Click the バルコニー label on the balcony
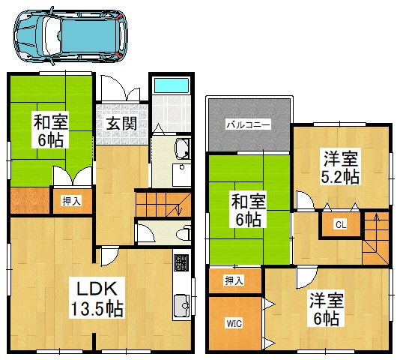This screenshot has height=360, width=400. [249, 124]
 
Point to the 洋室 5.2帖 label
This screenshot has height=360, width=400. [341, 167]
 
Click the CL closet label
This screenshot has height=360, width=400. [340, 224]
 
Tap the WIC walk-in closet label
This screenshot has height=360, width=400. [234, 325]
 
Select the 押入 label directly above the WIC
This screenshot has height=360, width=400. [234, 280]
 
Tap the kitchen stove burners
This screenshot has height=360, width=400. [181, 263]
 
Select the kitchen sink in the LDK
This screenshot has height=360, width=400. [181, 305]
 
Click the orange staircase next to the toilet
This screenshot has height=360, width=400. [160, 203]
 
